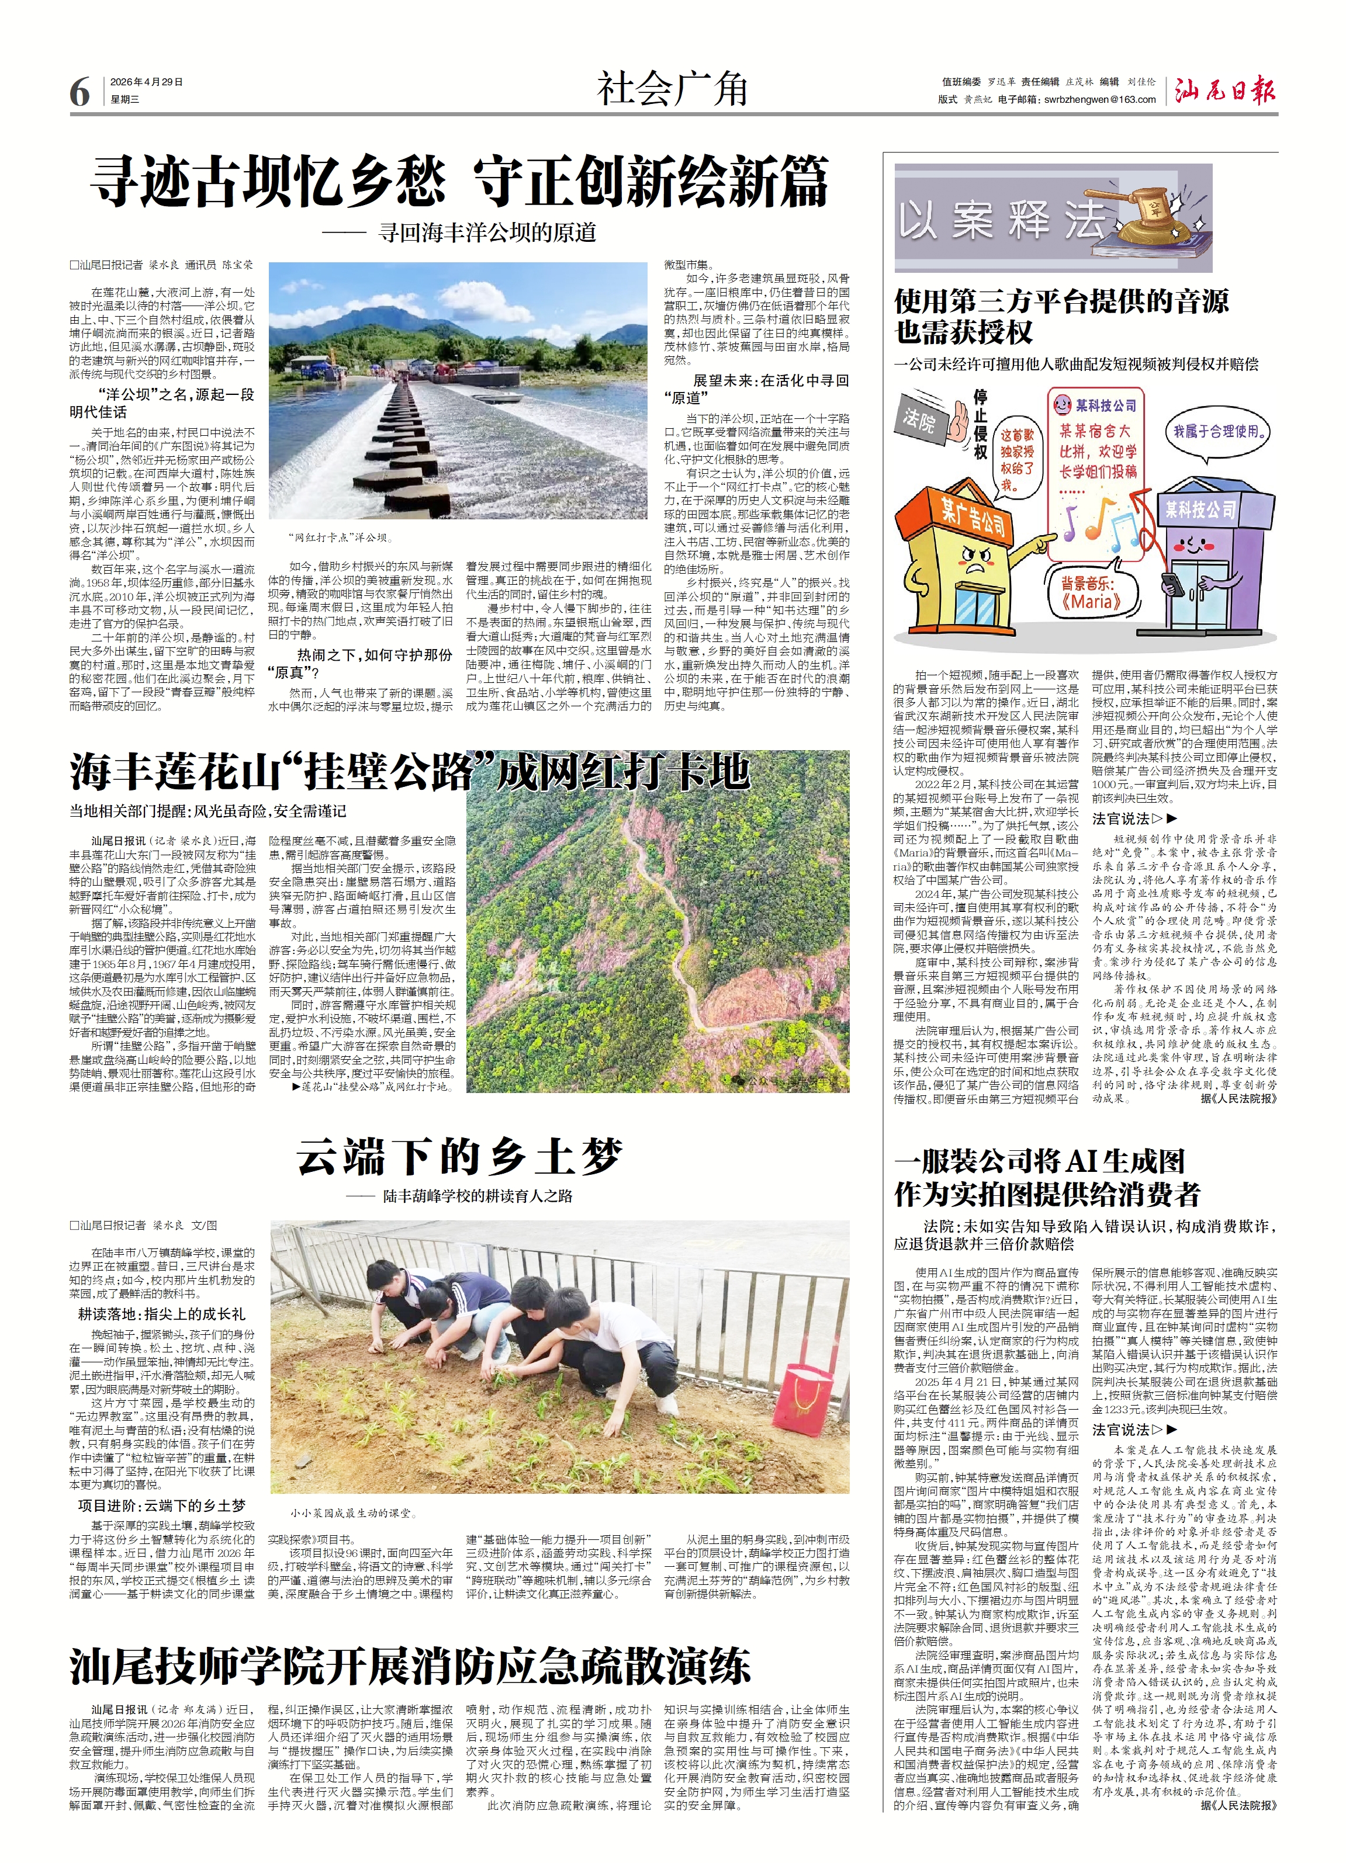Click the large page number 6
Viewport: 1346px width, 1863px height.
[79, 92]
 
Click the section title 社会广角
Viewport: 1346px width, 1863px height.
[672, 89]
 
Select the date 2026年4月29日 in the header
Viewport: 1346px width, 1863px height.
[146, 82]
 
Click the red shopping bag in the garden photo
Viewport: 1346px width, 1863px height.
[795, 1395]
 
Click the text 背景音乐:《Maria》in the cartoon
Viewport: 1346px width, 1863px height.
[1091, 592]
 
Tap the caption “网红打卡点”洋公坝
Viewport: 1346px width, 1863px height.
[340, 538]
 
